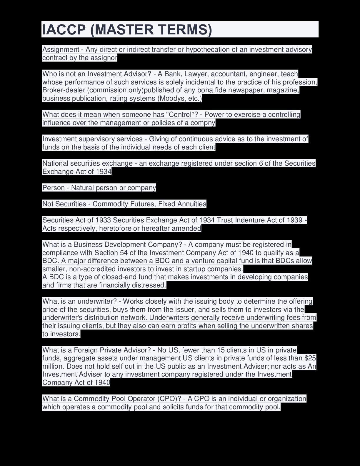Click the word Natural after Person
(x=82, y=188)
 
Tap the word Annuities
(x=192, y=204)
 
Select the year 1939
(x=294, y=220)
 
